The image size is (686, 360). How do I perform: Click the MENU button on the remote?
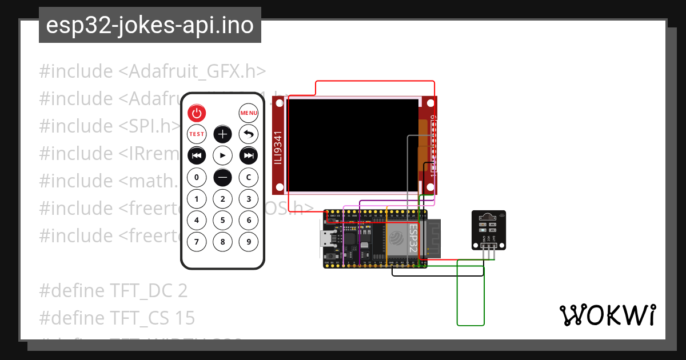(x=249, y=113)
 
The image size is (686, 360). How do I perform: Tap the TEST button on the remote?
(x=197, y=134)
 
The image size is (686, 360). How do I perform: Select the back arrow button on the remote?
(x=249, y=134)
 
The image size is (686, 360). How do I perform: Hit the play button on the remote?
(x=222, y=155)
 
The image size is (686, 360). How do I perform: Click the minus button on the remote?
(x=222, y=177)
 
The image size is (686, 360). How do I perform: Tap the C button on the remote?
(x=249, y=177)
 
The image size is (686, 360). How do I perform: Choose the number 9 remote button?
(x=249, y=242)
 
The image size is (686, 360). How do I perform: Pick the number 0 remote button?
(x=197, y=177)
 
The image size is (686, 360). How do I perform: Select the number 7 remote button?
(x=197, y=242)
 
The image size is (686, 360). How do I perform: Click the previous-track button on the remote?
(x=197, y=155)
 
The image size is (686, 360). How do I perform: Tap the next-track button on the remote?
(x=249, y=155)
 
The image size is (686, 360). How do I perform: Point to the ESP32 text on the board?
(x=413, y=238)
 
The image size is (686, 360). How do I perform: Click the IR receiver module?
(x=489, y=230)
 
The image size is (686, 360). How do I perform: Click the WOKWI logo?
(x=608, y=315)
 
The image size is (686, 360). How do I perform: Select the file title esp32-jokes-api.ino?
(x=150, y=26)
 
